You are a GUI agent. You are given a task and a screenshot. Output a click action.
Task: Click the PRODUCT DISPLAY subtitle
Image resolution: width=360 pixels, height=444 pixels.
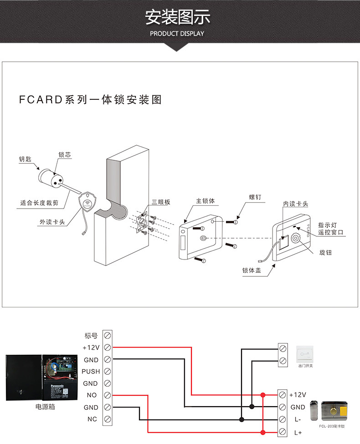click(x=177, y=33)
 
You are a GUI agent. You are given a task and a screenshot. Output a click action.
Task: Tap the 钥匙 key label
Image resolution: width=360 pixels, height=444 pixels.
click(x=25, y=159)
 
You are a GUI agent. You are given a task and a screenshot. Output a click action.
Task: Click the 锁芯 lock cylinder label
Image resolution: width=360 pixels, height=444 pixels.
click(x=65, y=155)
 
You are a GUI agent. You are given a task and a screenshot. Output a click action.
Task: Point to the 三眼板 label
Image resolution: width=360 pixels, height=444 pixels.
click(x=161, y=202)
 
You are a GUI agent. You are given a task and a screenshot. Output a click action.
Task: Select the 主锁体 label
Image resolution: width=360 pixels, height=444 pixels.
click(x=205, y=201)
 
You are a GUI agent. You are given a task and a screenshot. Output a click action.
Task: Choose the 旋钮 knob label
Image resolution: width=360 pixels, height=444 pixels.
click(x=325, y=252)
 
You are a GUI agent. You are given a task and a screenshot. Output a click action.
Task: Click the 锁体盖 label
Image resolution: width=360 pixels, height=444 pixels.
click(x=252, y=270)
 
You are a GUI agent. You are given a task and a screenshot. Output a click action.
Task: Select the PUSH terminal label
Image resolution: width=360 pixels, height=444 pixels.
click(x=91, y=372)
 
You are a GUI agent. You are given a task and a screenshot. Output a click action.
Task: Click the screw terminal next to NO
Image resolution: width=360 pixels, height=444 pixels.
click(x=108, y=395)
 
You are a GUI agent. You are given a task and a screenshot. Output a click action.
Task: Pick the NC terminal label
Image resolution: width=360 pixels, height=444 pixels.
click(x=92, y=419)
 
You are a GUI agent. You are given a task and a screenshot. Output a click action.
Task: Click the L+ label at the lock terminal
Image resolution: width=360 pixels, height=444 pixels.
click(x=298, y=432)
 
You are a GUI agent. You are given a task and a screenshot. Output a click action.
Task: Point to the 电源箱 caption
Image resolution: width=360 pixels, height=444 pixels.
click(x=45, y=407)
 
